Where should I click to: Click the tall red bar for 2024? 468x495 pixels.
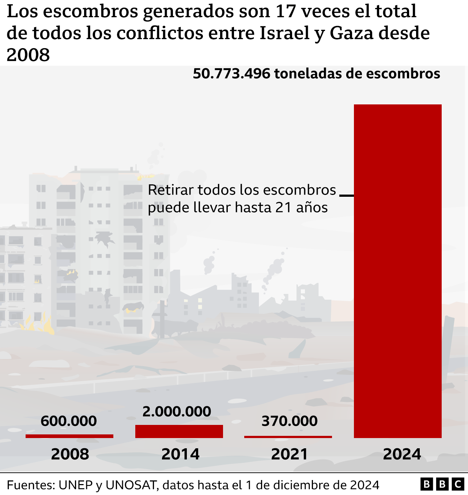tap(397, 271)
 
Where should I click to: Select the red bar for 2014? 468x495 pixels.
tap(179, 431)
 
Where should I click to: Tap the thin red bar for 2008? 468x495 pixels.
tap(69, 436)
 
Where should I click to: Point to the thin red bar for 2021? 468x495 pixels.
tap(288, 437)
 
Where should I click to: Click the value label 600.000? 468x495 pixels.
tap(69, 421)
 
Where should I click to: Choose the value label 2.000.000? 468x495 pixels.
tap(177, 411)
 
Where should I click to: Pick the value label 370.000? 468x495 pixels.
tap(289, 421)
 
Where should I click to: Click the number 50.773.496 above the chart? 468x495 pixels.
tap(231, 74)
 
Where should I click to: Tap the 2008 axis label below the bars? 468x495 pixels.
tap(70, 454)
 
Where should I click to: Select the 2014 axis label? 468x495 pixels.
tap(180, 454)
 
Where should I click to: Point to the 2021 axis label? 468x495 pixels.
tap(290, 454)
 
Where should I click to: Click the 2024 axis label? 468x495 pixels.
tap(402, 454)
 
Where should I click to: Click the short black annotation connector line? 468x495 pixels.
tap(347, 196)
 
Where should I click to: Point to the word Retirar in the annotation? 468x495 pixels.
tap(170, 190)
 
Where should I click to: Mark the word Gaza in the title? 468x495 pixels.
tap(351, 33)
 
